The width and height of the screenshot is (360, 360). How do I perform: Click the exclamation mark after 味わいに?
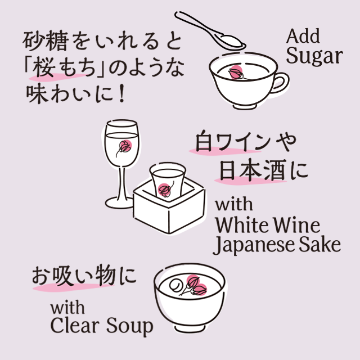[x=119, y=93]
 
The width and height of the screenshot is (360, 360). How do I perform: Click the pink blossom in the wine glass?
[x=124, y=147]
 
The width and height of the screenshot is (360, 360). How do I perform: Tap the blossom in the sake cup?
[x=165, y=189]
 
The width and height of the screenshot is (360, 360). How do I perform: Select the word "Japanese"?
[x=259, y=246]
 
